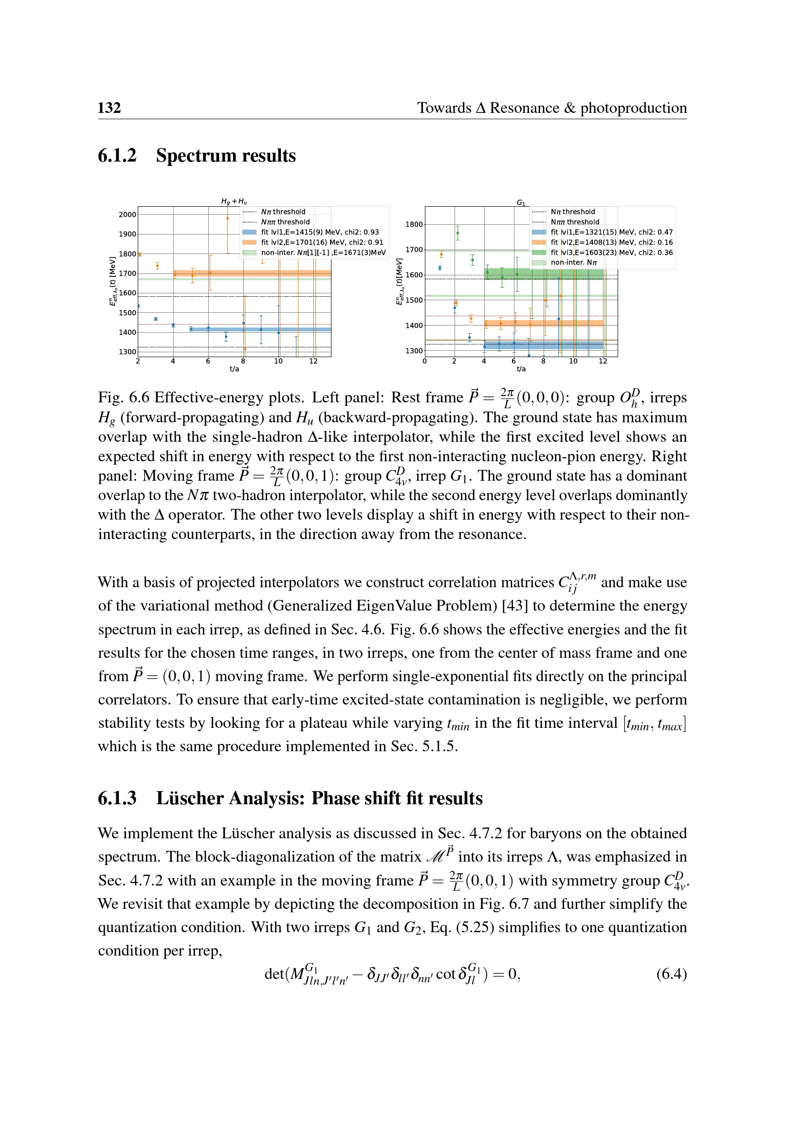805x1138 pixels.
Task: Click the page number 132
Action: coord(109,108)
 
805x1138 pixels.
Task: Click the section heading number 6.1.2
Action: coord(117,156)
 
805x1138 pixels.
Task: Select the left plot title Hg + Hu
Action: coord(234,201)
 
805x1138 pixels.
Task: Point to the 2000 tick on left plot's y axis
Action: coord(128,215)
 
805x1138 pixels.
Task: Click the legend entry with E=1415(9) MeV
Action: coord(320,232)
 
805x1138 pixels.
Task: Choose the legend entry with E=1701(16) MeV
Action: coord(322,242)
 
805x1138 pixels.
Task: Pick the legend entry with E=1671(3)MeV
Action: coord(323,253)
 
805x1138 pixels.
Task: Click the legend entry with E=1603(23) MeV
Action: coord(611,253)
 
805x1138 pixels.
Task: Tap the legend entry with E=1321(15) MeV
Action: coord(611,232)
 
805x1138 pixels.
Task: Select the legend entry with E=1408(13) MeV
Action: coord(611,242)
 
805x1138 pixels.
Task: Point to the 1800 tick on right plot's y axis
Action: coord(414,224)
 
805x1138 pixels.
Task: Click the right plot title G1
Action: coord(521,202)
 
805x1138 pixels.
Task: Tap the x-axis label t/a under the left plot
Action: coord(234,369)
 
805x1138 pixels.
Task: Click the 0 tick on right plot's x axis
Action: coord(425,361)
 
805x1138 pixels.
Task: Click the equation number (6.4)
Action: coord(671,974)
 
